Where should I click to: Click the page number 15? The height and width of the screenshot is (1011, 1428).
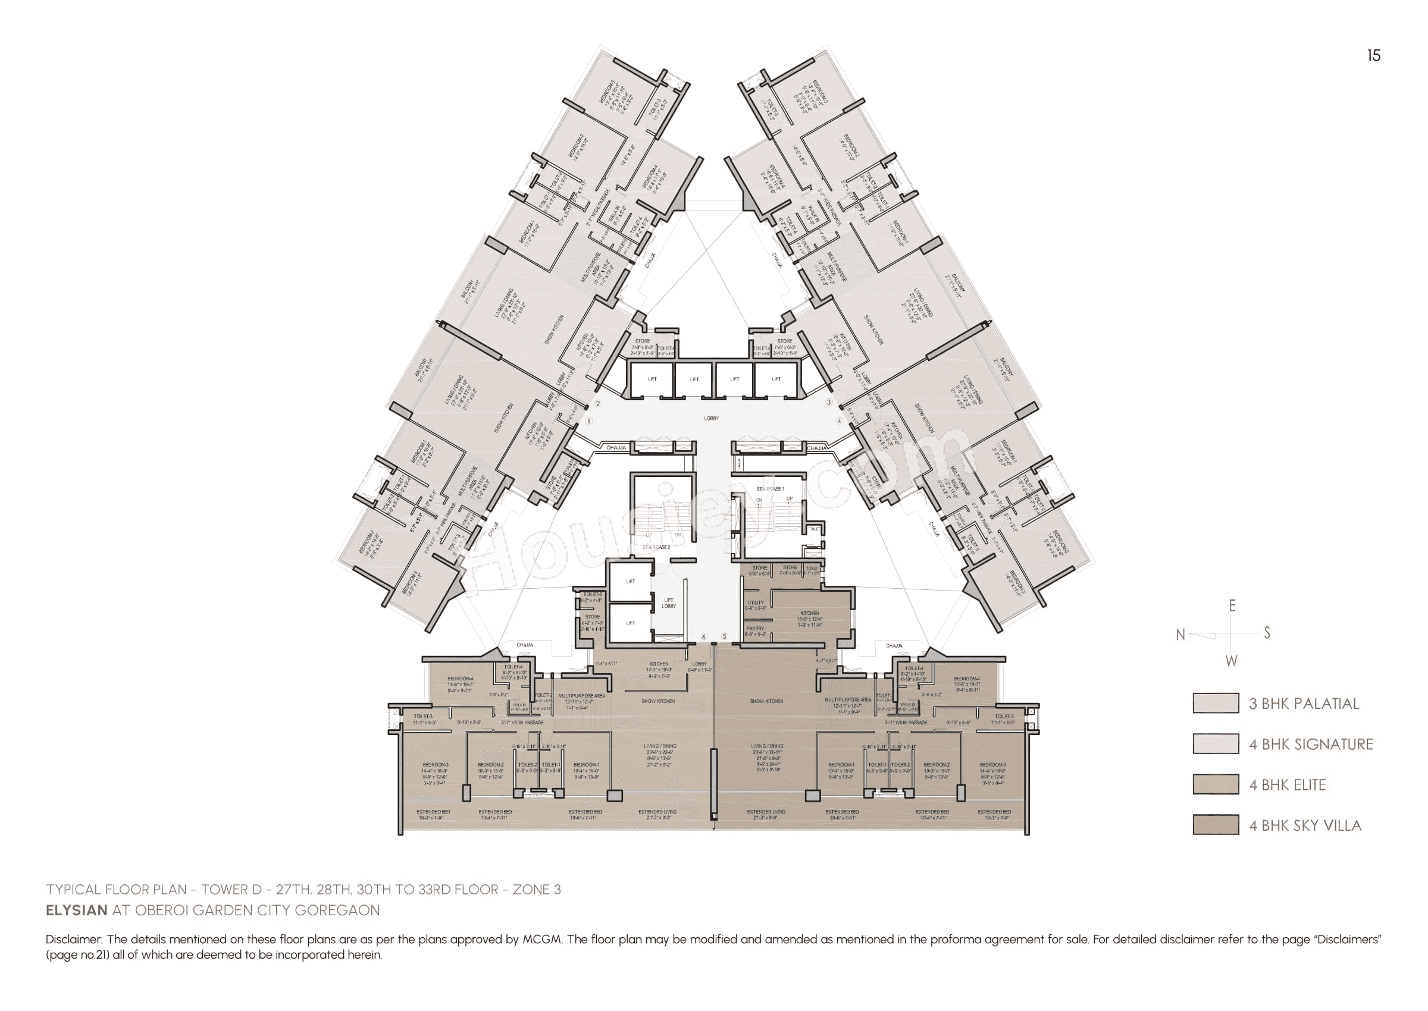[1373, 55]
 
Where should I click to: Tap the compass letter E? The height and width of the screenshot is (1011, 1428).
[1232, 606]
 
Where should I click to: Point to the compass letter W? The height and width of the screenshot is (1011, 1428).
[1231, 661]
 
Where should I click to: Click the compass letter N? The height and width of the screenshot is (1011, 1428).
[1179, 635]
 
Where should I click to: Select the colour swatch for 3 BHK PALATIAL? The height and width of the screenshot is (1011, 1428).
[1215, 703]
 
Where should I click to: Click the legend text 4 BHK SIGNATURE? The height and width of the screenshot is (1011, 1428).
[1310, 744]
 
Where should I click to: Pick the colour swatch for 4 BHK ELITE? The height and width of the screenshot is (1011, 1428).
[1215, 784]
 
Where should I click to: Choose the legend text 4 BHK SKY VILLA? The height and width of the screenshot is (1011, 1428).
[1305, 825]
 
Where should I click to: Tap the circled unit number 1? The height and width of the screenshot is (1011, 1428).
[588, 421]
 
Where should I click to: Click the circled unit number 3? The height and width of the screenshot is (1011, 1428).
[828, 402]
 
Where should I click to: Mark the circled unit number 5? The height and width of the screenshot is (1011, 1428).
[724, 636]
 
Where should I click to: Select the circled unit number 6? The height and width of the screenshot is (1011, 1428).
[704, 636]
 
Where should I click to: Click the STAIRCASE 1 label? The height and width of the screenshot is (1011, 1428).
[770, 489]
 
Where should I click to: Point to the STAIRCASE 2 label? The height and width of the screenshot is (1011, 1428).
[656, 547]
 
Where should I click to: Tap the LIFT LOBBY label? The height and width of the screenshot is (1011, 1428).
[668, 602]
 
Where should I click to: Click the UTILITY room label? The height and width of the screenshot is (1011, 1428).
[756, 602]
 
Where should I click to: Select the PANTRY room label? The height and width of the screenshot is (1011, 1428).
[755, 629]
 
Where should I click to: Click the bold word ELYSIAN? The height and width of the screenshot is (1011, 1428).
[77, 910]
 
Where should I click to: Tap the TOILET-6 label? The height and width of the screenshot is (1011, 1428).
[592, 595]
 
